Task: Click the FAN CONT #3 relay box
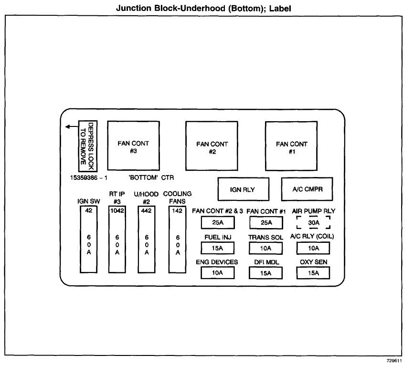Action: point(133,146)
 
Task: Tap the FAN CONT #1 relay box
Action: point(291,146)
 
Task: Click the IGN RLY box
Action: point(243,189)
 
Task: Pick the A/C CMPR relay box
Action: point(307,189)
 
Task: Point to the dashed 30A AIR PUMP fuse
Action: point(313,222)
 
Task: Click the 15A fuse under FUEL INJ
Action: point(217,248)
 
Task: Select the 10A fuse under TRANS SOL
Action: point(265,248)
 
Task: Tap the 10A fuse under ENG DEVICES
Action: point(217,273)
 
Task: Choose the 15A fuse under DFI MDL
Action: point(265,273)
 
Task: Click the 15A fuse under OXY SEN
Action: point(313,273)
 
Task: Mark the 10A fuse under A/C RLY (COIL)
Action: point(313,248)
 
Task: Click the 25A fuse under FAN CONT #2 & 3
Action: point(217,222)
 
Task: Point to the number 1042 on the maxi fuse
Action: point(117,210)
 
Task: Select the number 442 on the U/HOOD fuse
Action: point(147,210)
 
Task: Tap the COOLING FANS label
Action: point(178,198)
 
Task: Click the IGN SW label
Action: point(89,201)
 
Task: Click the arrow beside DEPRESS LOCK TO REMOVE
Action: point(71,126)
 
